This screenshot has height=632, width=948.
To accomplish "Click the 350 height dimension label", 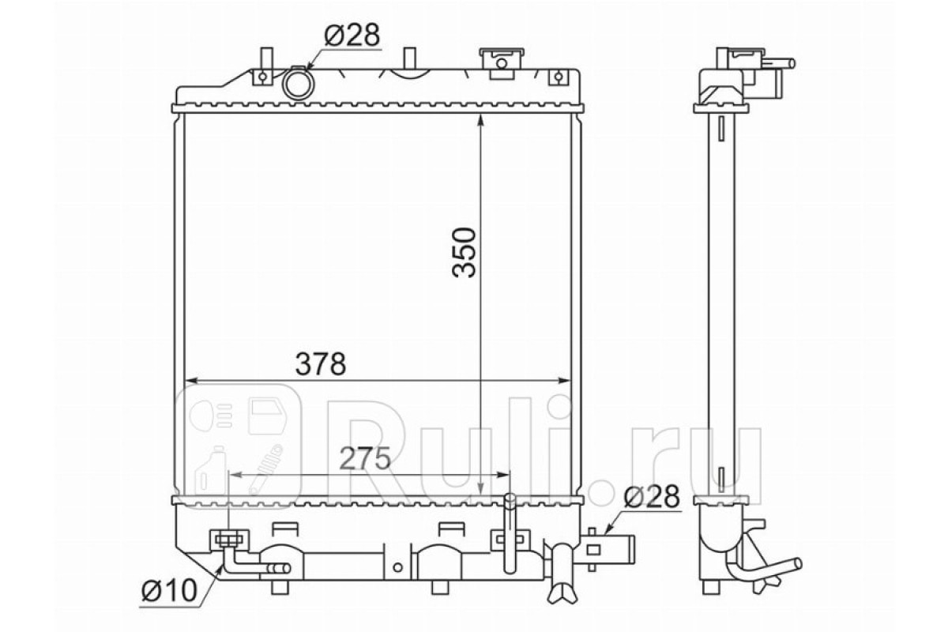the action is [x=465, y=253].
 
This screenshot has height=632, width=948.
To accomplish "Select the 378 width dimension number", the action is [x=321, y=364].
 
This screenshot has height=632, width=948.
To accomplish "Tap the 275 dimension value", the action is [x=365, y=458].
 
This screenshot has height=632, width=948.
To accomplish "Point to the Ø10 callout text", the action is [x=170, y=590].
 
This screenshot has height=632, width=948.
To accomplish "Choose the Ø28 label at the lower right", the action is [x=652, y=497].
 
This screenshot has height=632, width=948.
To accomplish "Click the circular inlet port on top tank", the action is [x=299, y=84].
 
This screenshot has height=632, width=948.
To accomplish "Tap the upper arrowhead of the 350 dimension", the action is [x=480, y=120].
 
